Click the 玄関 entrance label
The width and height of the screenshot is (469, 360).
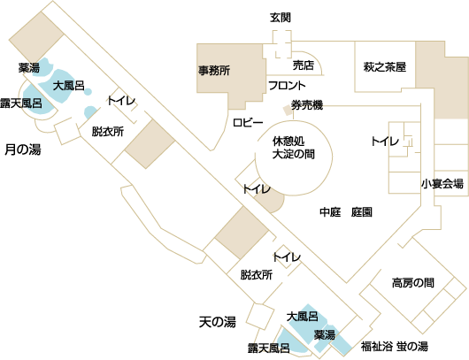[x=281, y=18]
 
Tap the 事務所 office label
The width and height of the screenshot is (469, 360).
[x=214, y=71]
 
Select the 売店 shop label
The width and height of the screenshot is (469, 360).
[x=304, y=65]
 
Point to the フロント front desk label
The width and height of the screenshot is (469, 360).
[x=287, y=86]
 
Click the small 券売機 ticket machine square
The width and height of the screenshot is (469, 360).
[x=288, y=110]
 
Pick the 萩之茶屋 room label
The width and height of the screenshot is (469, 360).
[x=385, y=67]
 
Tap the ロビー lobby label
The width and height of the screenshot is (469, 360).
[x=248, y=123]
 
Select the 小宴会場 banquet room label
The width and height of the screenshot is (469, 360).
[x=442, y=184]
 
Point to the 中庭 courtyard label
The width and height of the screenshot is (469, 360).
[x=330, y=212]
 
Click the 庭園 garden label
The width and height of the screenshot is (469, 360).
[x=362, y=212]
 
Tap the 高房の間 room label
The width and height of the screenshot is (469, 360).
[x=412, y=282]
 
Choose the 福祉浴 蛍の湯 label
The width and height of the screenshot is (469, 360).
[x=394, y=347]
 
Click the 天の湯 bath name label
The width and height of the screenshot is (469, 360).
[x=218, y=322]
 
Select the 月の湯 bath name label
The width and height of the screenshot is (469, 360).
[x=23, y=149]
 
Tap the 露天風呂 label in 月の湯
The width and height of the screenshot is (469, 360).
[x=21, y=103]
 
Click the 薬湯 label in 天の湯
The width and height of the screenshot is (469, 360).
[x=324, y=335]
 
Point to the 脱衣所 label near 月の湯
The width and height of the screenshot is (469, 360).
[x=108, y=132]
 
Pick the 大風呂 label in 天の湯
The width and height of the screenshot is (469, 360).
[x=302, y=317]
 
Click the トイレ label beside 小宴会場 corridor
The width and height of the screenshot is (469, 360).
[x=385, y=142]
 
